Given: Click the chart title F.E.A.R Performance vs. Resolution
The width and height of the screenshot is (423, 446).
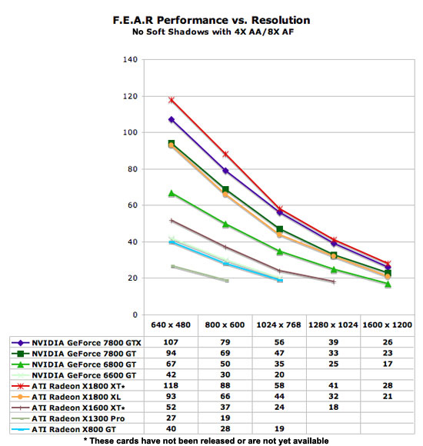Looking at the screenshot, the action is pyautogui.click(x=211, y=20).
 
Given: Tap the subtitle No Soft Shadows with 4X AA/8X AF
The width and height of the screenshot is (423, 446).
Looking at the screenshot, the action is pyautogui.click(x=213, y=32).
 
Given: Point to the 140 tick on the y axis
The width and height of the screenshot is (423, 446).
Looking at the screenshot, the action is pyautogui.click(x=130, y=60).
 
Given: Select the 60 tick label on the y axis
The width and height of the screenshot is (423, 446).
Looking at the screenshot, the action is pyautogui.click(x=132, y=205).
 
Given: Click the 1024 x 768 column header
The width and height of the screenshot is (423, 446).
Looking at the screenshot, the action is pyautogui.click(x=278, y=325).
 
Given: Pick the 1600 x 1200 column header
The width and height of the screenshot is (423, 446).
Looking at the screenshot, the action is pyautogui.click(x=387, y=325).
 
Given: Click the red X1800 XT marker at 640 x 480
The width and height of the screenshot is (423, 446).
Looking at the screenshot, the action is pyautogui.click(x=172, y=100).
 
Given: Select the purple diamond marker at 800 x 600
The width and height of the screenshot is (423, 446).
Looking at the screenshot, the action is pyautogui.click(x=225, y=171).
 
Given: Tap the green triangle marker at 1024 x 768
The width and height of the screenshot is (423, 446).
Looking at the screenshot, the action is pyautogui.click(x=280, y=251).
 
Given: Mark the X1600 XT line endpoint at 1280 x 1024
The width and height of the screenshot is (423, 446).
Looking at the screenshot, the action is pyautogui.click(x=334, y=282).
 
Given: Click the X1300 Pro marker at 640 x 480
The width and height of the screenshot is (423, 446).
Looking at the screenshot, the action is pyautogui.click(x=173, y=267).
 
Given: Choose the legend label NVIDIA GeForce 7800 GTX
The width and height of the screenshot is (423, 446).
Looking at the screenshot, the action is pyautogui.click(x=86, y=343).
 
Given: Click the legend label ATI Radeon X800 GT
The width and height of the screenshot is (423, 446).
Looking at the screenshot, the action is pyautogui.click(x=74, y=430).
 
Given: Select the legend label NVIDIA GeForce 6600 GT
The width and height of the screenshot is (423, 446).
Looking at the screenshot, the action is pyautogui.click(x=84, y=375).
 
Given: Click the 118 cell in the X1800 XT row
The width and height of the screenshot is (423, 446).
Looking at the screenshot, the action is pyautogui.click(x=171, y=386).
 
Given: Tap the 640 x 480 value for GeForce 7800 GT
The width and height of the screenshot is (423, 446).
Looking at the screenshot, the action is pyautogui.click(x=171, y=353).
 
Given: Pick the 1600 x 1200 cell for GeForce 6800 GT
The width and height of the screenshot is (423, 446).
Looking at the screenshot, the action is pyautogui.click(x=388, y=364).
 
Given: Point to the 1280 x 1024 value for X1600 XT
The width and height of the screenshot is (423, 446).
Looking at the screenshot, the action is pyautogui.click(x=333, y=408).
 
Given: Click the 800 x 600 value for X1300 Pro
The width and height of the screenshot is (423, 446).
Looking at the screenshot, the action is pyautogui.click(x=225, y=418).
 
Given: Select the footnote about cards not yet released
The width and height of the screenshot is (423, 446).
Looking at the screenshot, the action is pyautogui.click(x=206, y=441).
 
